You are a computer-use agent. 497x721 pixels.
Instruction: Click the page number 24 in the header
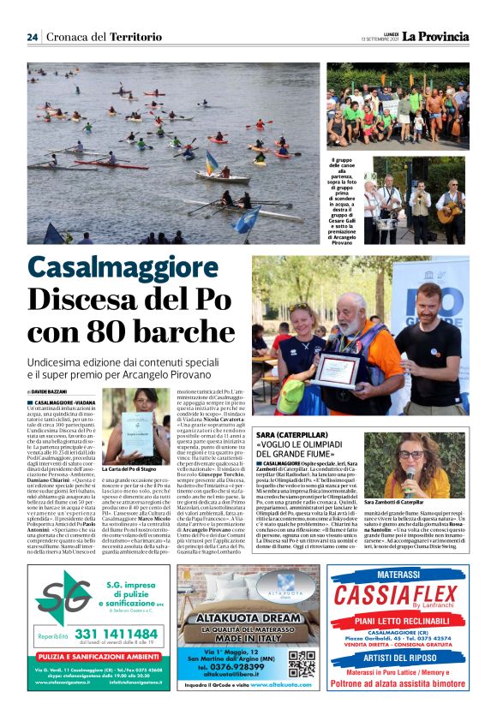point(32,37)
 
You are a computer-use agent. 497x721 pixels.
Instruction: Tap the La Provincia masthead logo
point(436,36)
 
